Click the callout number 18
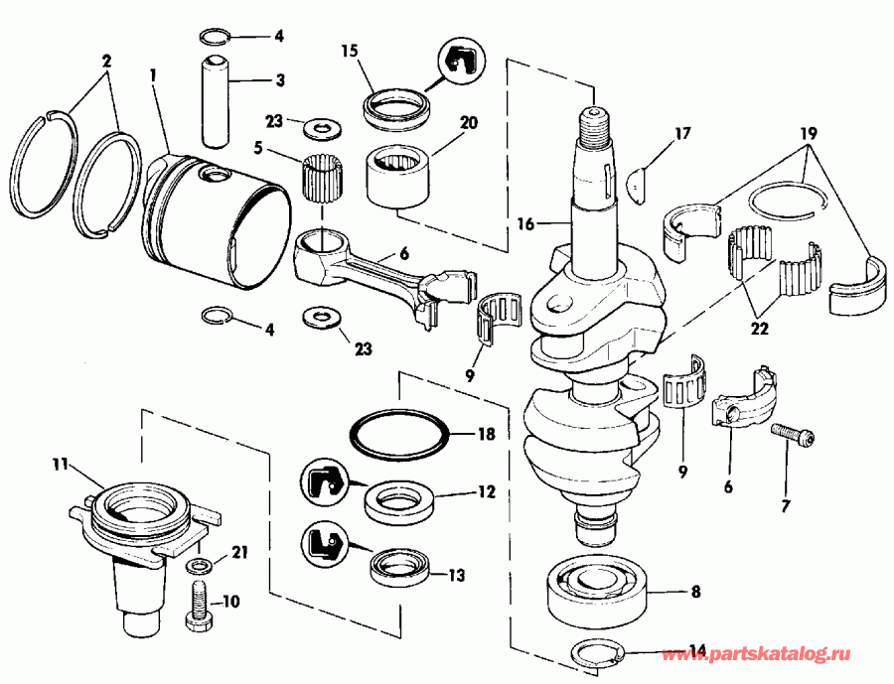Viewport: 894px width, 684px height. click(486, 434)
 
